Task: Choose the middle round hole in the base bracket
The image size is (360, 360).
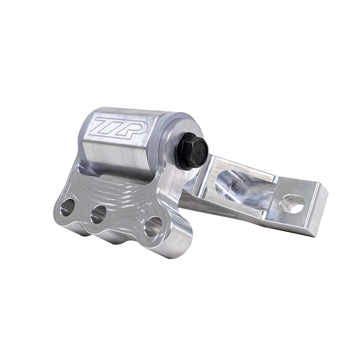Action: [98, 214]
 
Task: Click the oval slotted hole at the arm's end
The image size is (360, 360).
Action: [293, 205]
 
